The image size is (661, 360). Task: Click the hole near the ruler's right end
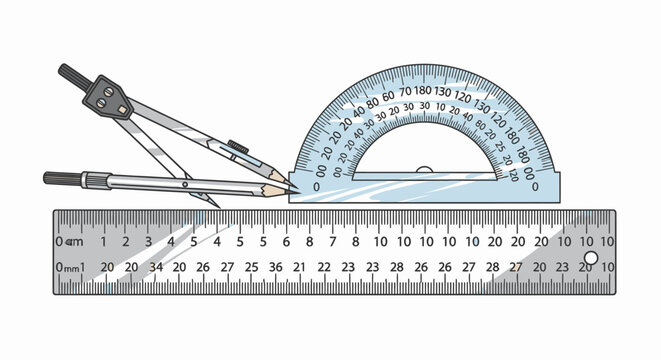coord(589,259)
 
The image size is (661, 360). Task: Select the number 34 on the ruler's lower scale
coord(155,267)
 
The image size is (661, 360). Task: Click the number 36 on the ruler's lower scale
coord(275,267)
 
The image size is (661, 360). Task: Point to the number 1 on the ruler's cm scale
coord(102,242)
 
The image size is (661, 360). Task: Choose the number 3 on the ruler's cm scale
coord(148,242)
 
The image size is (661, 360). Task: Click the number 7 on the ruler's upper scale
coord(309,242)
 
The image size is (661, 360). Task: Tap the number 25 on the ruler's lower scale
coord(251,267)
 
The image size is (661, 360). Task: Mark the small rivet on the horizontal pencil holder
coord(184,184)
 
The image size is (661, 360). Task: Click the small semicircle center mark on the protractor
coord(425,172)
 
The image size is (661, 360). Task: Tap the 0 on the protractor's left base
coord(318,187)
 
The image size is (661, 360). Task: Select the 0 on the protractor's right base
coord(534,185)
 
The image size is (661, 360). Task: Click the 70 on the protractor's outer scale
coord(405,91)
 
